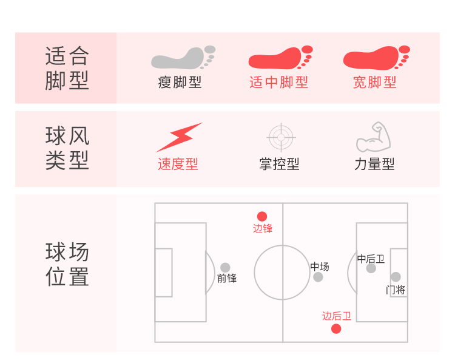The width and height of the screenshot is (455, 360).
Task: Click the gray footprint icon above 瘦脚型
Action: coord(182,59)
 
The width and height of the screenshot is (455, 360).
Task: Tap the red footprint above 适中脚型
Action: coord(280,59)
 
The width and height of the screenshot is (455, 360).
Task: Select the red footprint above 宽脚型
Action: coord(376,59)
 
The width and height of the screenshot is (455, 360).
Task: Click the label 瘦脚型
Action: coord(180,82)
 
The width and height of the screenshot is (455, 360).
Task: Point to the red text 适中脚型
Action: coord(278,82)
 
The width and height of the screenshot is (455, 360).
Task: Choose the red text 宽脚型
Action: coord(374,82)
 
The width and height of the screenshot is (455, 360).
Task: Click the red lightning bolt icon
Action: coord(179,137)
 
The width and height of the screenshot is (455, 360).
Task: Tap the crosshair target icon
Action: coord(280,137)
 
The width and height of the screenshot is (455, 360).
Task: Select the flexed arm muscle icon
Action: coord(374,137)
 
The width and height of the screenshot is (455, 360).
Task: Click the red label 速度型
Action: coord(178,164)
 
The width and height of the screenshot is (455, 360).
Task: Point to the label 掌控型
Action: coord(279,164)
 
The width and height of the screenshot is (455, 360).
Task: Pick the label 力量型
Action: coord(374,164)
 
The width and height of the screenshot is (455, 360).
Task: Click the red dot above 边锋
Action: coord(262,216)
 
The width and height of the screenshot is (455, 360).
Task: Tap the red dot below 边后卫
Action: coord(336,329)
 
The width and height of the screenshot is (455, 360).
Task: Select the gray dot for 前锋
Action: coord(225,267)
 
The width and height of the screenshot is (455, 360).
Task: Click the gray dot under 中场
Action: coord(318,277)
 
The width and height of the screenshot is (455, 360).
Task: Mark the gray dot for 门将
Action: coord(396,277)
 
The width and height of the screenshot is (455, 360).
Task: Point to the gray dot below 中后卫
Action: coord(371,268)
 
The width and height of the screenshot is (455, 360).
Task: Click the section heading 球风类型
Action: coord(67,148)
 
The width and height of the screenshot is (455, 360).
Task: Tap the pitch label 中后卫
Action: coord(371,259)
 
